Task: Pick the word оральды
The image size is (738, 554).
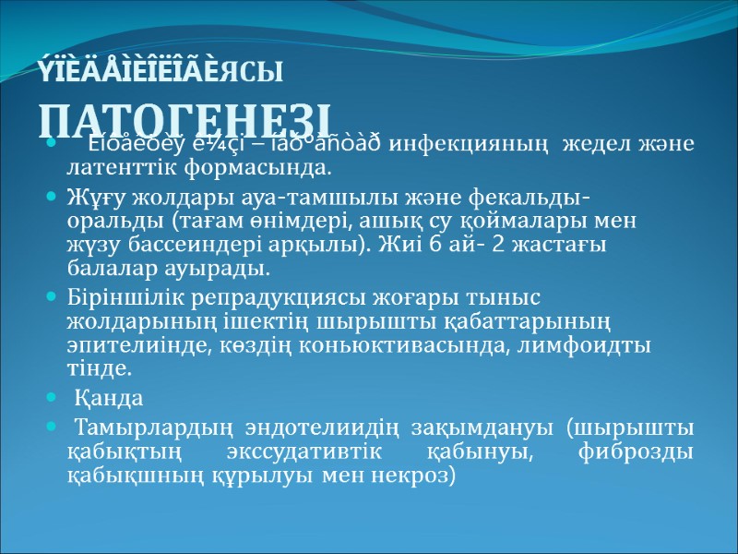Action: (108, 223)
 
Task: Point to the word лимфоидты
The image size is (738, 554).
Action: (606, 345)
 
